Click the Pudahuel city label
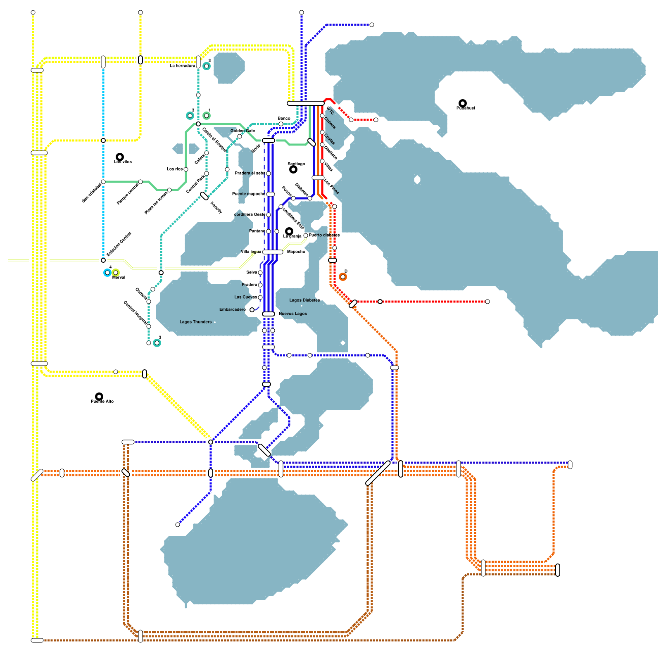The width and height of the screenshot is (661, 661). pos(466,108)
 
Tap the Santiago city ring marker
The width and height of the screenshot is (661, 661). pos(293,169)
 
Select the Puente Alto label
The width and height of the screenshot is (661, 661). pos(102,402)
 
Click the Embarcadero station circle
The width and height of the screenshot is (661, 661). pos(252,310)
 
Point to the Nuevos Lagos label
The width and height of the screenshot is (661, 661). pos(292,314)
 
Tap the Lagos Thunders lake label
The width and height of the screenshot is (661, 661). pos(195,322)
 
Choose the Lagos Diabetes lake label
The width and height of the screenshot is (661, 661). pos(304,300)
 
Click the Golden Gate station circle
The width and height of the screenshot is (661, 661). pos(240,136)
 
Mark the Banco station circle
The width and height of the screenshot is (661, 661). pos(281,124)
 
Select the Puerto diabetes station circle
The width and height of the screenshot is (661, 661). pos(306,235)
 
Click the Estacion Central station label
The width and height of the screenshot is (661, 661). pos(119,244)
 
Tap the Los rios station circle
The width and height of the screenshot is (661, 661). pos(186,169)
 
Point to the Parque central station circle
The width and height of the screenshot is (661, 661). pos(140,182)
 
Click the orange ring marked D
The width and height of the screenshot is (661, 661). pos(343,277)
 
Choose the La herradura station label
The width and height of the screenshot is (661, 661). pos(182,66)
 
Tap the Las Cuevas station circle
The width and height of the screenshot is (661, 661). pos(260,297)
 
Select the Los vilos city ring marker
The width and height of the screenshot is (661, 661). pos(120,157)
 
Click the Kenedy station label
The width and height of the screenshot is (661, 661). pos(216,207)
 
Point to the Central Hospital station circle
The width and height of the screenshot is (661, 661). pos(149,326)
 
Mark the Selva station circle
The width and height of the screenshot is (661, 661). pos(260,273)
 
